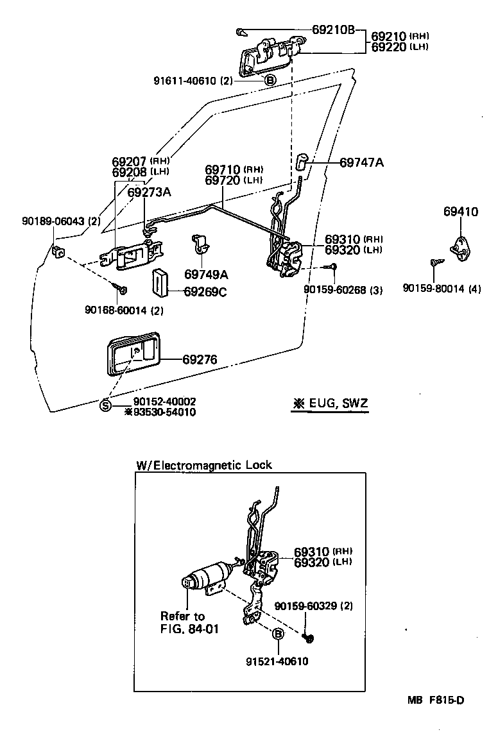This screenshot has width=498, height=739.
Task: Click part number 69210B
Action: coord(334,30)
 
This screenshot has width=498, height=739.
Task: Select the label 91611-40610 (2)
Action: coord(193,81)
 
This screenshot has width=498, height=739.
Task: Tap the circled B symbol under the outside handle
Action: coord(270,80)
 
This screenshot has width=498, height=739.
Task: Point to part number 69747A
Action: coord(361,163)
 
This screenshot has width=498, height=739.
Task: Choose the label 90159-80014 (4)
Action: coord(442,289)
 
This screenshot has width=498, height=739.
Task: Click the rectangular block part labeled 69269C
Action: coord(159,283)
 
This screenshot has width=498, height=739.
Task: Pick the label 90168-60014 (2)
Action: coord(124,311)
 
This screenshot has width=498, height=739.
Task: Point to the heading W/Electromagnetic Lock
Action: coord(204,465)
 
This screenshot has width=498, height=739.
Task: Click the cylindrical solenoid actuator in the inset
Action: coord(207,577)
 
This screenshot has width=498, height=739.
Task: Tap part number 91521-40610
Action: coord(277,662)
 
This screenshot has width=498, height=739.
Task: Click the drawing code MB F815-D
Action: coord(434,700)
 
